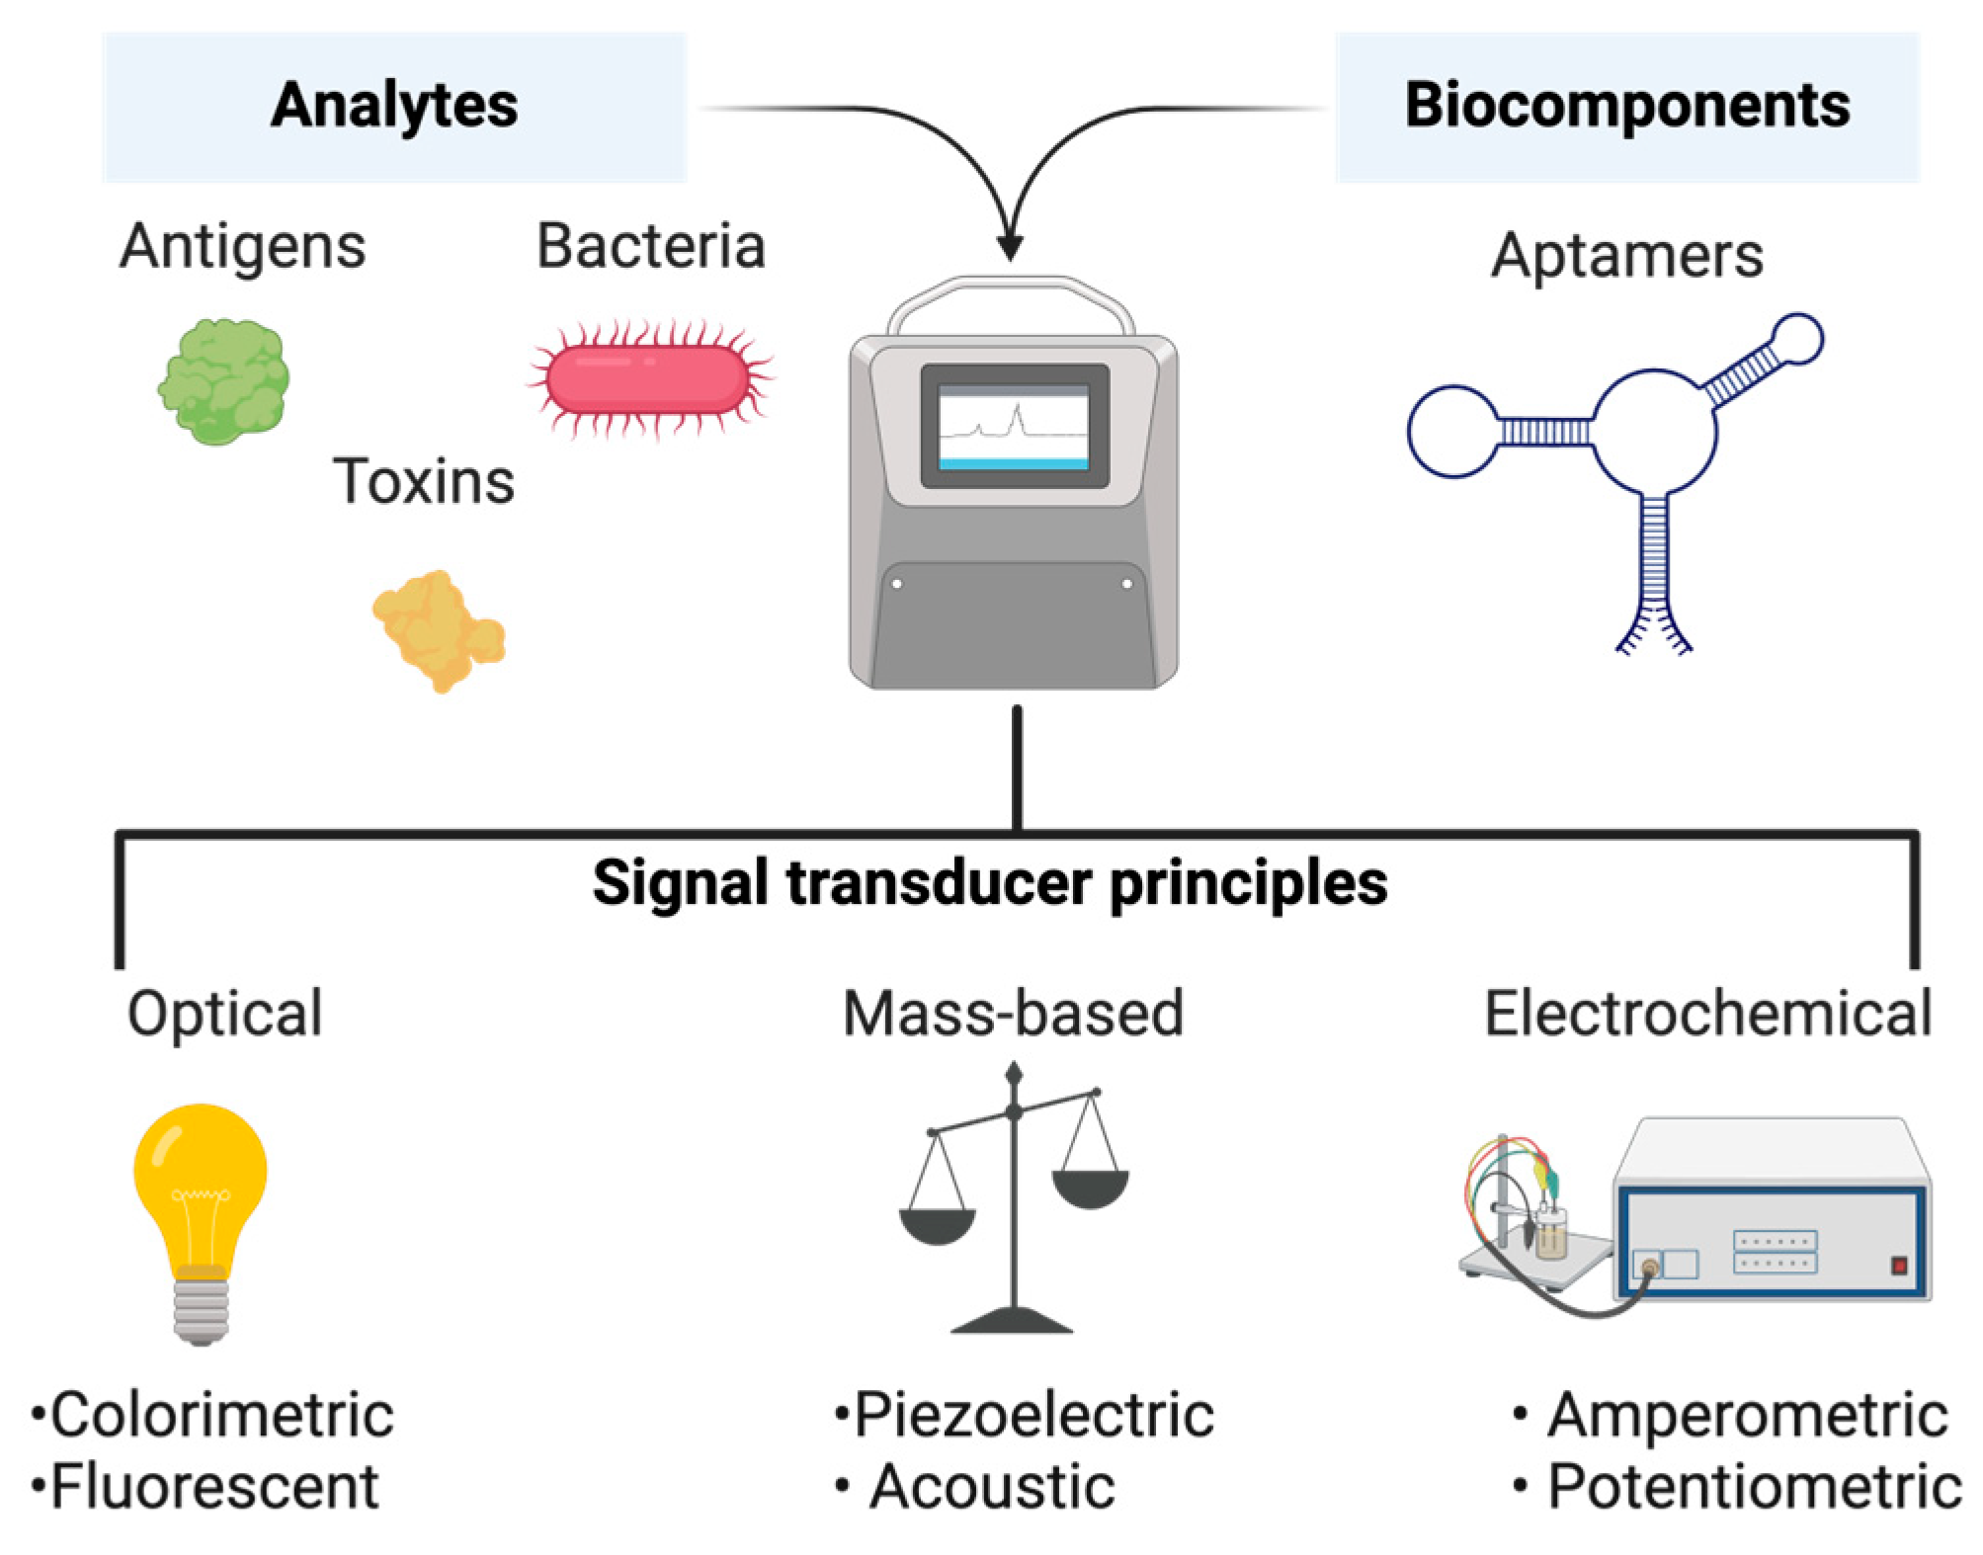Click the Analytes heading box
(393, 107)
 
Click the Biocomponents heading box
(1626, 107)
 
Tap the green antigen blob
(224, 381)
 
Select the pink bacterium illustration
(648, 380)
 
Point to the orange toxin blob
(438, 630)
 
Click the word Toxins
(423, 482)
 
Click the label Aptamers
(1626, 256)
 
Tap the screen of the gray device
(1013, 426)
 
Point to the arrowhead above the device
(1010, 246)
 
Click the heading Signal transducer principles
(989, 882)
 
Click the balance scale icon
(1013, 1200)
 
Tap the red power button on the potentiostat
(1897, 1266)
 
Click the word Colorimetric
(221, 1415)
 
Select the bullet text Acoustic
(991, 1487)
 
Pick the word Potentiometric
(1754, 1487)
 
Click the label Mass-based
(1013, 1014)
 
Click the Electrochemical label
(1707, 1014)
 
